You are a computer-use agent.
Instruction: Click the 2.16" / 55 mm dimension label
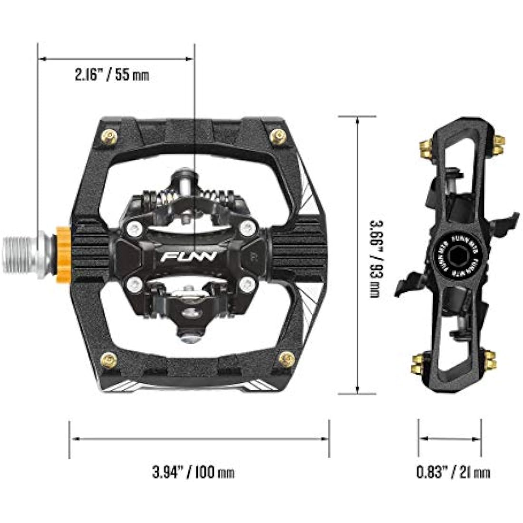112,75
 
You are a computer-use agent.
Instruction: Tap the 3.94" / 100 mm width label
193,472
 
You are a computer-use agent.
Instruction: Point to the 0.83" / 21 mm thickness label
453,472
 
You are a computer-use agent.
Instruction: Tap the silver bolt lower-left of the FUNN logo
136,285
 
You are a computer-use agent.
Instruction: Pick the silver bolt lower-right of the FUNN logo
246,285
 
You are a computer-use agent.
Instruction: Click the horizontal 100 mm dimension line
200,438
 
